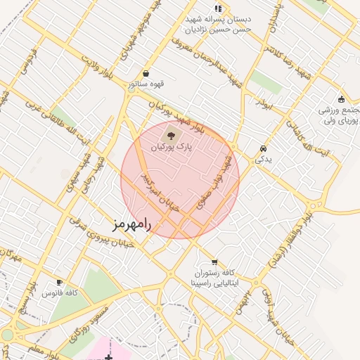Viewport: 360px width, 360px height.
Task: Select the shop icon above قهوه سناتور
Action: pos(146,73)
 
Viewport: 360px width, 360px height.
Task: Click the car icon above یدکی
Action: pos(263,149)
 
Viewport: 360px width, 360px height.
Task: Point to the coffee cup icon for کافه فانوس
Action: pos(60,282)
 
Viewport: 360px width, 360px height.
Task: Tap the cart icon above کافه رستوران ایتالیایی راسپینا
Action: pos(214,262)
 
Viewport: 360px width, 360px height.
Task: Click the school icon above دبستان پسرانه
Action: pos(218,8)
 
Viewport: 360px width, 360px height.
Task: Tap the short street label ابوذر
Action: pos(262,103)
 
